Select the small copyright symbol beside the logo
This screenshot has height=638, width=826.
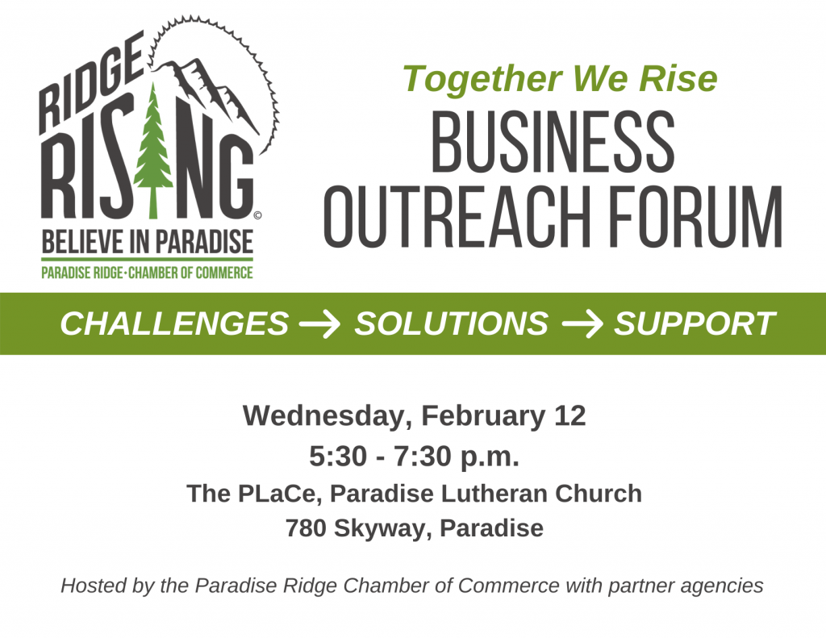point(257,215)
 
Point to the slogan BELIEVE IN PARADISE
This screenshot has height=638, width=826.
point(147,241)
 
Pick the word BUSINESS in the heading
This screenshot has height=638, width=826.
point(553,143)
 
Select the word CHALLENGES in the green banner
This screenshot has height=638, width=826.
point(173,324)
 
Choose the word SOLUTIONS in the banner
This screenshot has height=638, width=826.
point(451,324)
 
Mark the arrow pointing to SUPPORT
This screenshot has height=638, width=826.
point(582,324)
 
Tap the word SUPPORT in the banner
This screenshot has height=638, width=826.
point(695,324)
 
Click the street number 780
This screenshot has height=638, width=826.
point(305,528)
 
